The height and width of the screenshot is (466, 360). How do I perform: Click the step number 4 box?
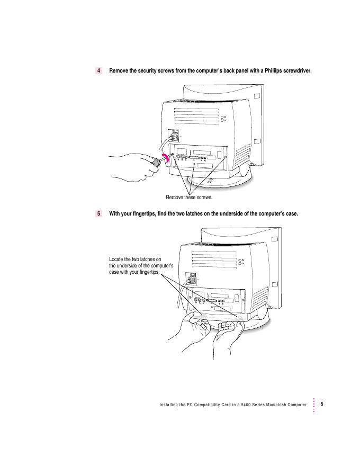tap(99, 70)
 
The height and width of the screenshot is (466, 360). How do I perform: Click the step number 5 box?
tap(99, 214)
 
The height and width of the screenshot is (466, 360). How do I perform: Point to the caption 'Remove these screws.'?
tap(189, 198)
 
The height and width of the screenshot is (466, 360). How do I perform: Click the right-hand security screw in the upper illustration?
tap(226, 157)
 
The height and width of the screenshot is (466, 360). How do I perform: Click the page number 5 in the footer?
tap(322, 405)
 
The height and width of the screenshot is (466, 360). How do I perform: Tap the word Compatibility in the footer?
tap(196, 405)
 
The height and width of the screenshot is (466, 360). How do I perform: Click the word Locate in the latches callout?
tap(118, 259)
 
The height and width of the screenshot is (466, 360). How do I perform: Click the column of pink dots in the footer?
tap(314, 405)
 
